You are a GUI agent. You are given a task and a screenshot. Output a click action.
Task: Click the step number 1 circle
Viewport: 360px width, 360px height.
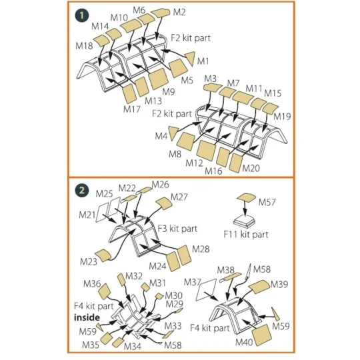point(82,15)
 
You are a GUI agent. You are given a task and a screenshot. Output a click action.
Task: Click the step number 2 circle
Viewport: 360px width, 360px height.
point(82,191)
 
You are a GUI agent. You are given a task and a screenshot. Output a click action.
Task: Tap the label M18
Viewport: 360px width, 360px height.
point(84,46)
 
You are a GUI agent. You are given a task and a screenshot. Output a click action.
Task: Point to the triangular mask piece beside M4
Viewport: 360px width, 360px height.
point(173,133)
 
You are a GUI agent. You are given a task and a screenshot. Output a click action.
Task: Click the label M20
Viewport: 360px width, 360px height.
point(251,168)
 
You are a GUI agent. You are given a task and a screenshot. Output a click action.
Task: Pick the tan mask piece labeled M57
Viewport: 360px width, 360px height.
point(246,198)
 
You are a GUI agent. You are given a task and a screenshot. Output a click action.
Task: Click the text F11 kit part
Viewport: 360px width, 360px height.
point(246,235)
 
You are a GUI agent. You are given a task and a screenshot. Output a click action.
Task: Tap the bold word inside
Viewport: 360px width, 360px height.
point(87,317)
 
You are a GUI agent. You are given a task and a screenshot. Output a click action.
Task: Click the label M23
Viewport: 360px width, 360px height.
point(89,261)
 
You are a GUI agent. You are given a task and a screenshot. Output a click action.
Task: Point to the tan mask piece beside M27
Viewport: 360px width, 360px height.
point(164,203)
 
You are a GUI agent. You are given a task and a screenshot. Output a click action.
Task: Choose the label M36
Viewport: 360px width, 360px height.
point(92,284)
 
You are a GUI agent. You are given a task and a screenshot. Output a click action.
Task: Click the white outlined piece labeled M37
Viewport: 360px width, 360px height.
point(206,290)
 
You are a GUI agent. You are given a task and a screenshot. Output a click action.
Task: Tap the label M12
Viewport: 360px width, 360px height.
point(194,163)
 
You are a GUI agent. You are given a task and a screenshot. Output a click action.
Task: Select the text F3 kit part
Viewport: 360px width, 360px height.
point(177,229)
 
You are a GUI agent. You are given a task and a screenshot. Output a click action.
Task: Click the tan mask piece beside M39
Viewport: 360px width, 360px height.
point(259,287)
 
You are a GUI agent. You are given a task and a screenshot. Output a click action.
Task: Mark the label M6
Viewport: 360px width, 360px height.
point(139,10)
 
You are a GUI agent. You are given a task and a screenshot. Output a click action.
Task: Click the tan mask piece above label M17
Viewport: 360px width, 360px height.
point(130,93)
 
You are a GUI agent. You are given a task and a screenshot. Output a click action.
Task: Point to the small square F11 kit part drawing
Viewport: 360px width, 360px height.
point(244,220)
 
